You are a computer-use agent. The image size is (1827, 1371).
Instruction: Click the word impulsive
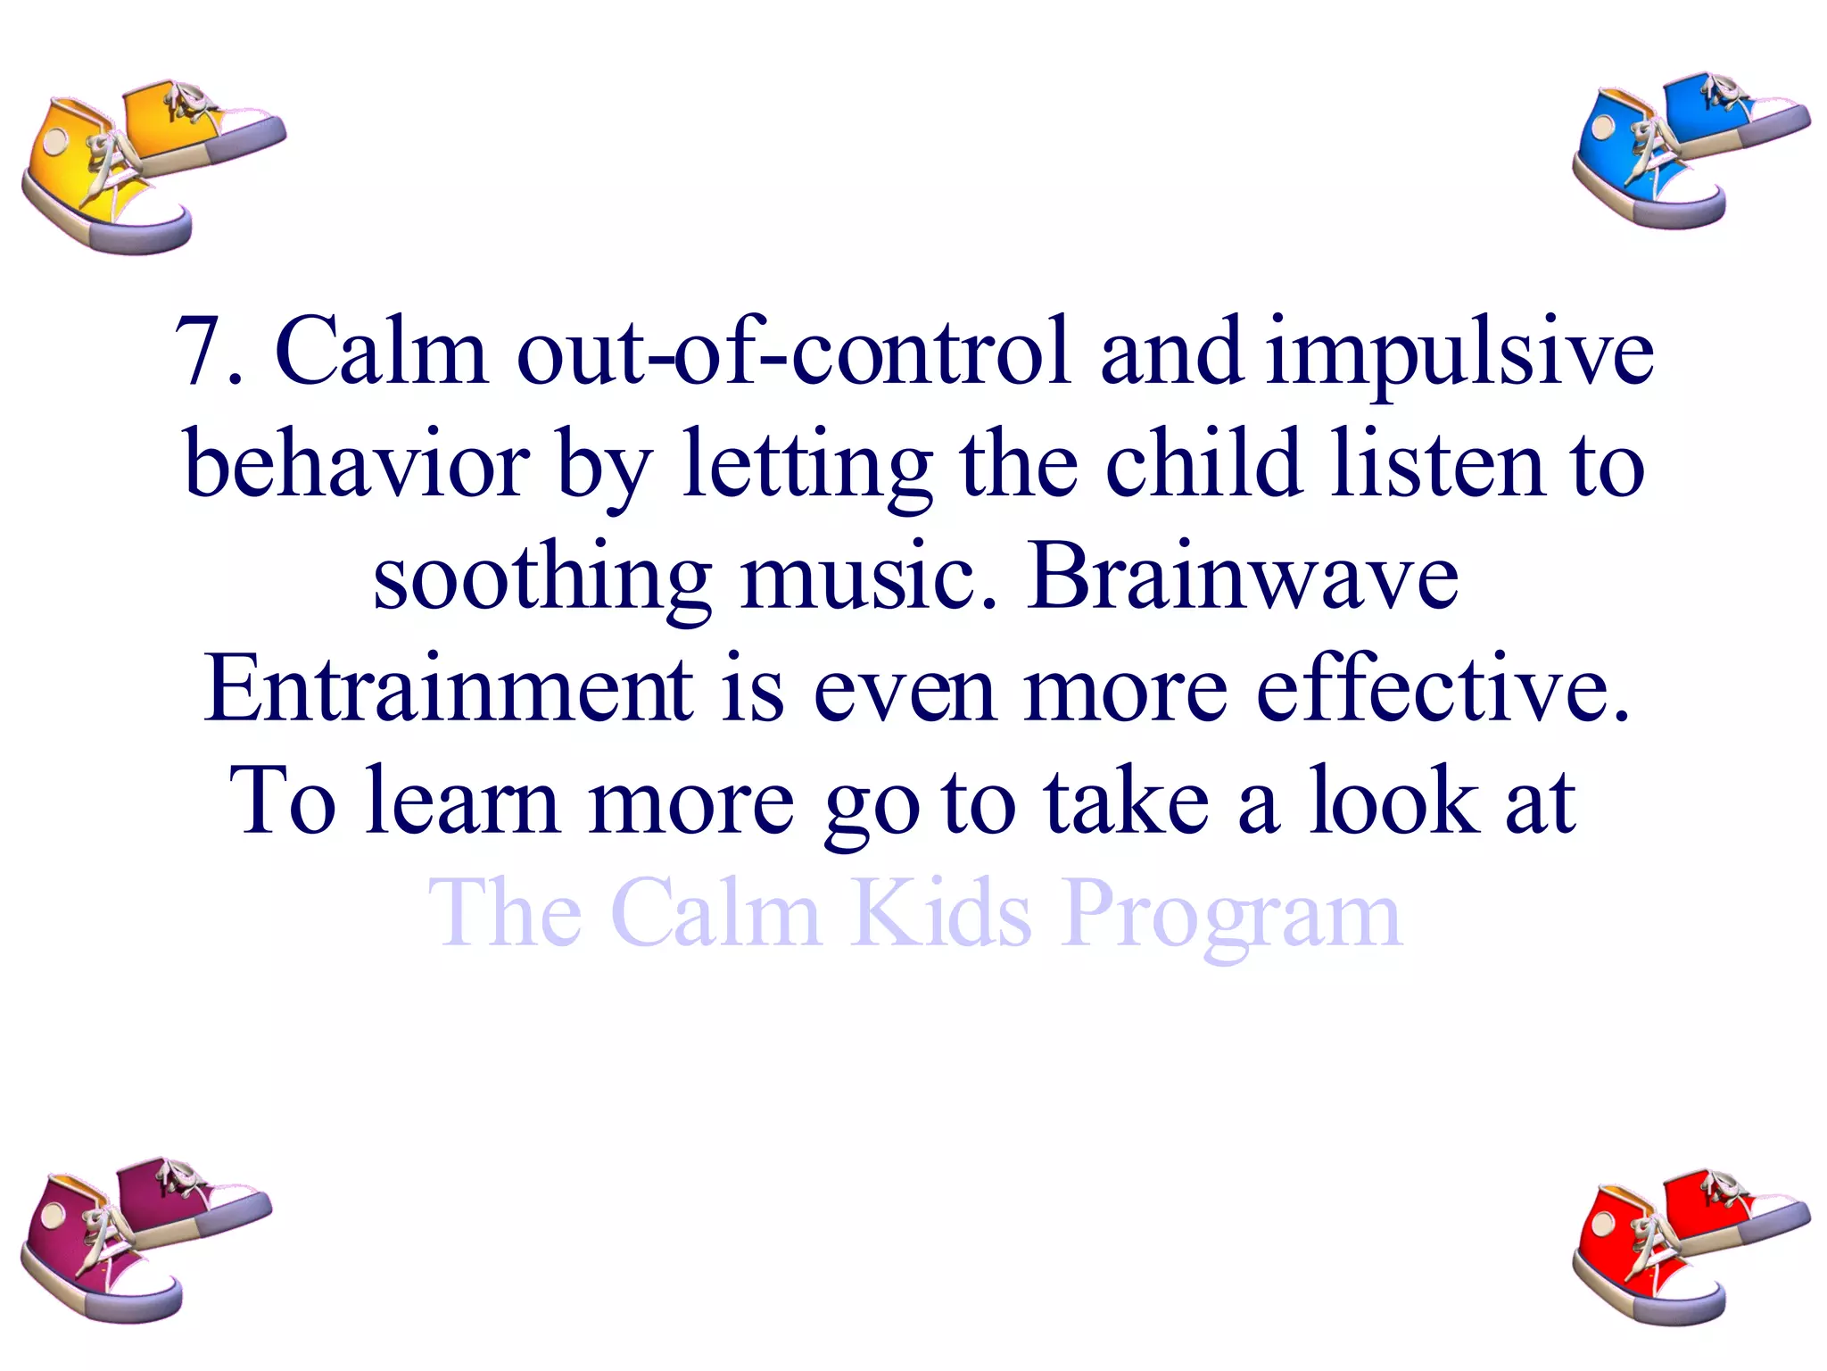[1459, 352]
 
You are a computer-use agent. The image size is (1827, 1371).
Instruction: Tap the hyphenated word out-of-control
[792, 352]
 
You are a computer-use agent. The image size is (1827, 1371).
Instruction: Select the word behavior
[357, 464]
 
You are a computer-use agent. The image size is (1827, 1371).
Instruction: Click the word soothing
[541, 578]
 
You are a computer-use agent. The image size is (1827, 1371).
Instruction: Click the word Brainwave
[1243, 578]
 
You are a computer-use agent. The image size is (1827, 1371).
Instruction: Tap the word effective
[1443, 689]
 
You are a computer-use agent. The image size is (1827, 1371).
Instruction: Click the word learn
[462, 802]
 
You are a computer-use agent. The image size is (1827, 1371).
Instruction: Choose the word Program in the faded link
[1232, 914]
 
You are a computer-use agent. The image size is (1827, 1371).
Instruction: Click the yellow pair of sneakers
[147, 165]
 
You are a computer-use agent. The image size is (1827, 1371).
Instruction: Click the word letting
[806, 464]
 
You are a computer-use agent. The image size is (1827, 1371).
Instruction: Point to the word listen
[1436, 464]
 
